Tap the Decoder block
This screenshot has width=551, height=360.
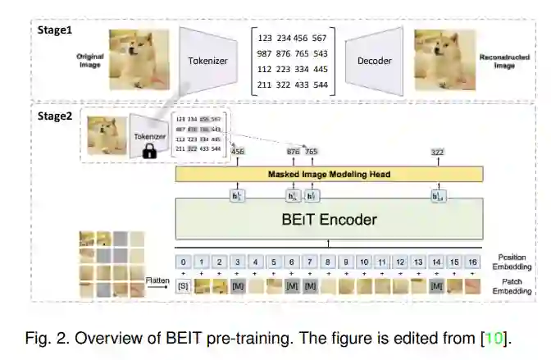coord(374,61)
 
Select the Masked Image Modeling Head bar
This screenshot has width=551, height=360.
coord(329,175)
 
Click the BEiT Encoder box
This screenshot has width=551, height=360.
coord(329,220)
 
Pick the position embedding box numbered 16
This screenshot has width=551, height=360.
coord(471,262)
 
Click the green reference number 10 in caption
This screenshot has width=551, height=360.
coord(496,338)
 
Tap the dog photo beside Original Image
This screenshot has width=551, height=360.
coord(137,48)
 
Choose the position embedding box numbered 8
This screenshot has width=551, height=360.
coord(328,262)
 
